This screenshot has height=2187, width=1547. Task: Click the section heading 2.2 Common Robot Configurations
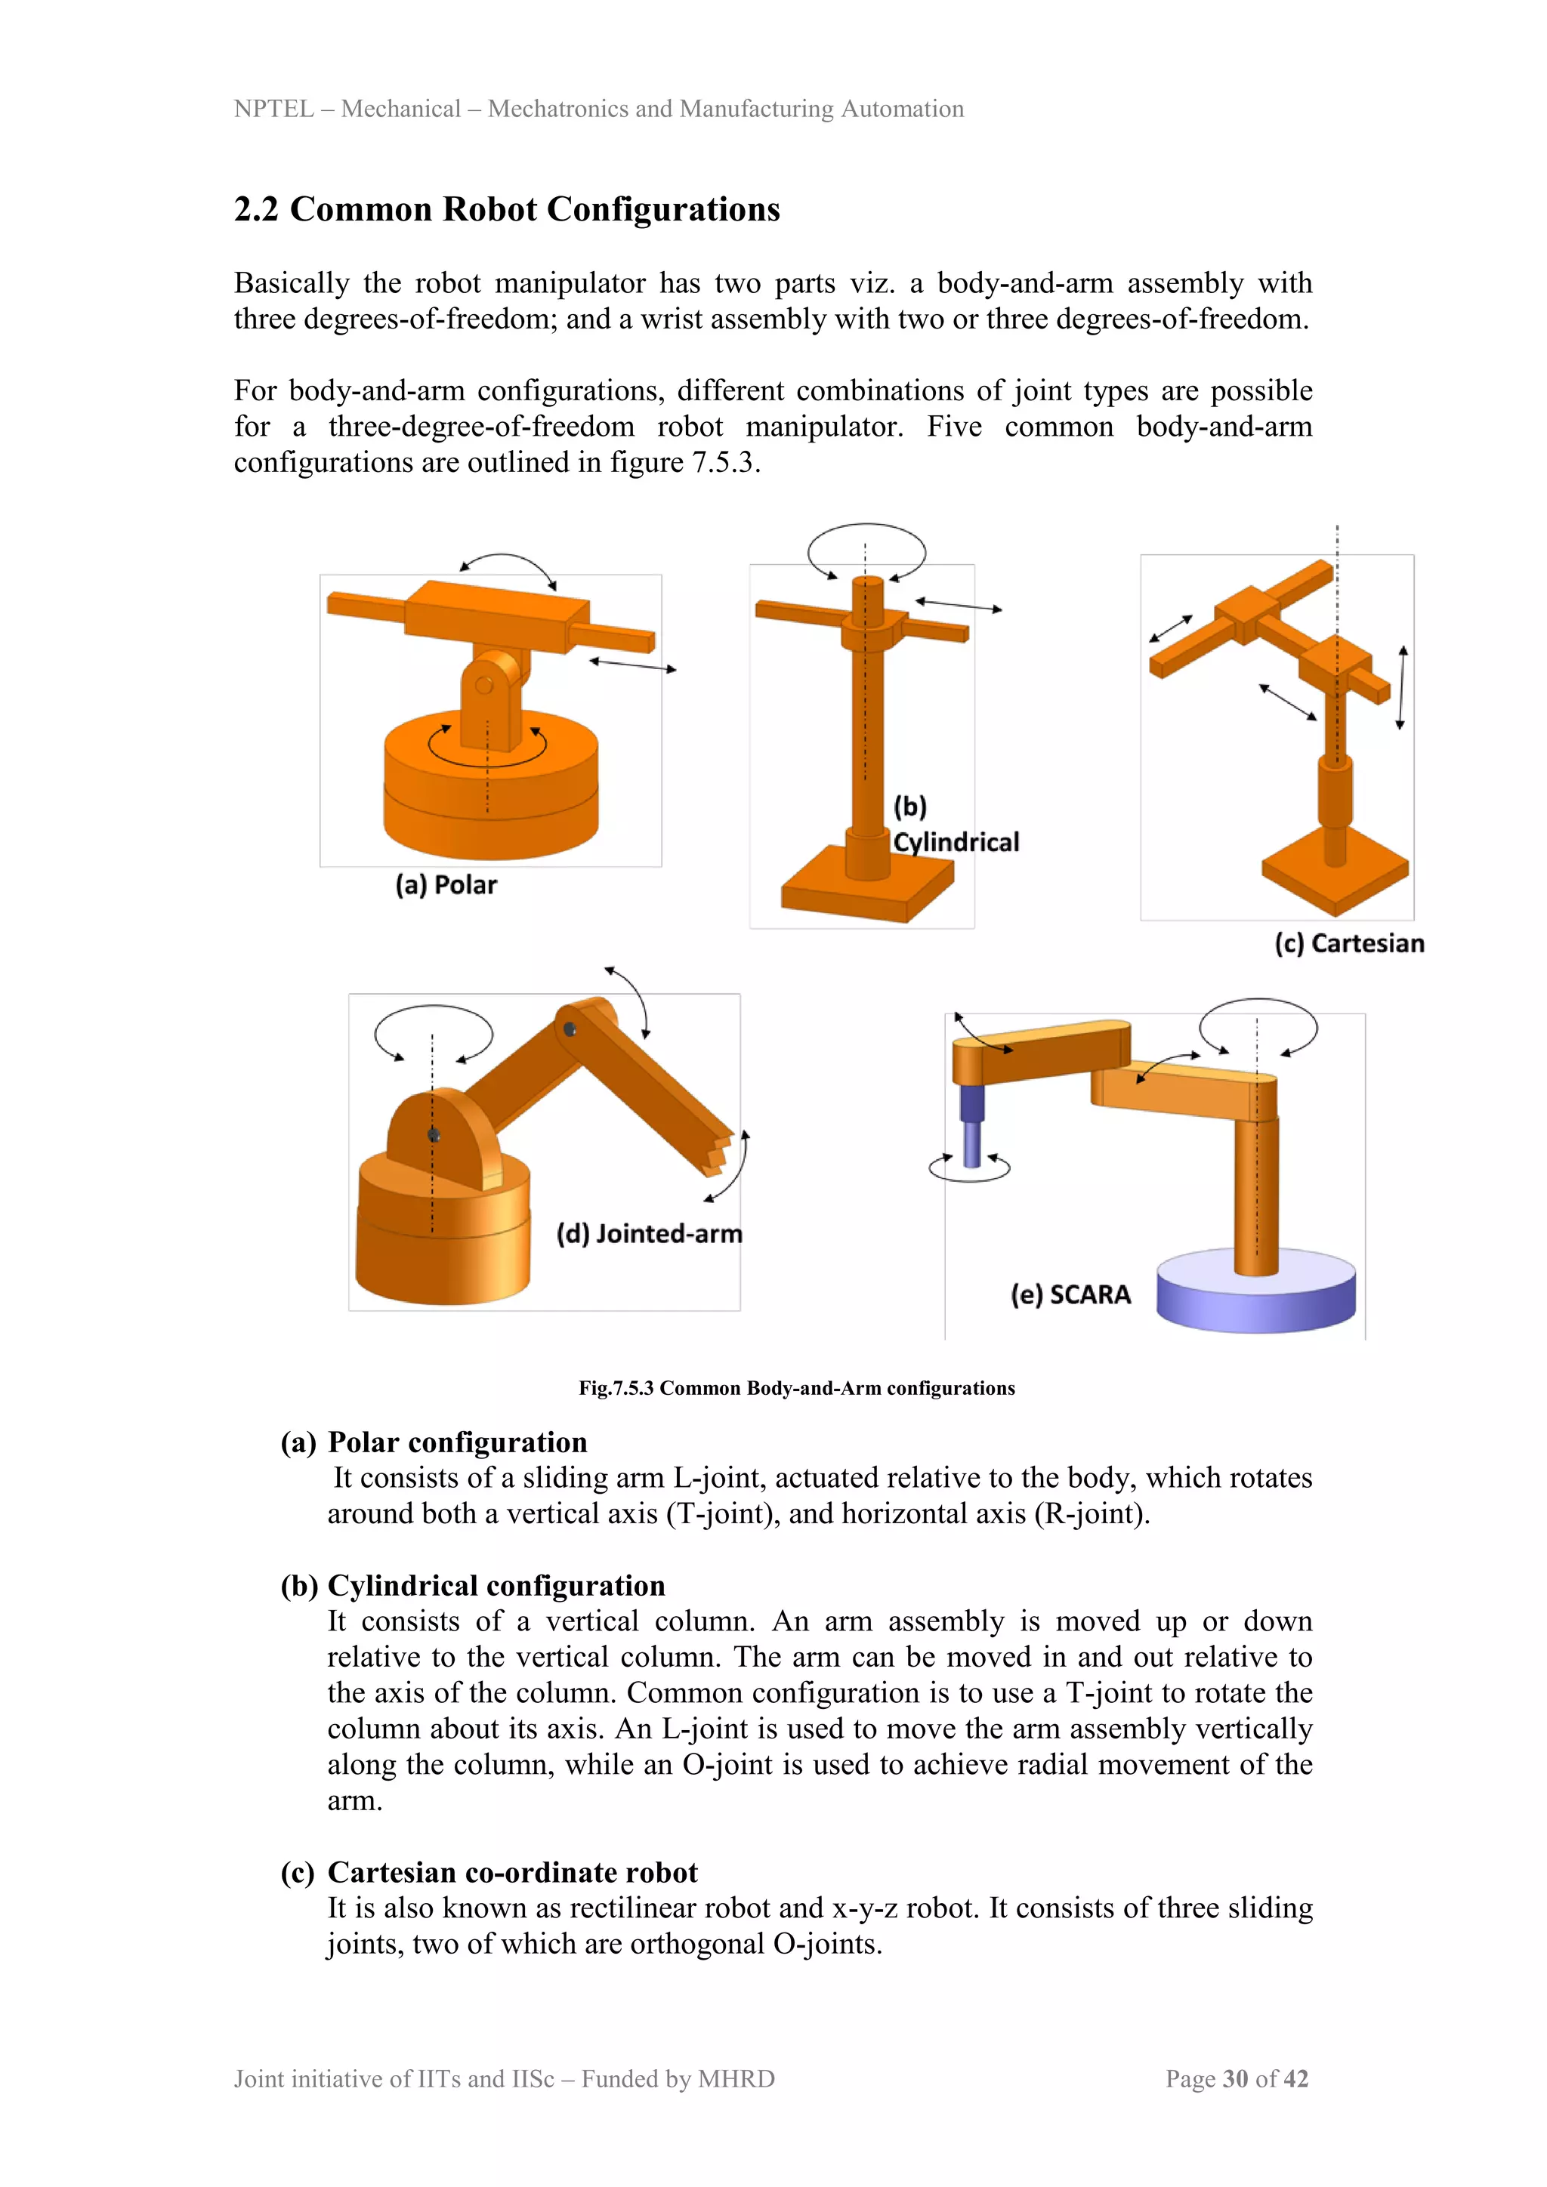coord(507,209)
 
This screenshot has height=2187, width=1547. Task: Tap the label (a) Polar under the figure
coord(446,885)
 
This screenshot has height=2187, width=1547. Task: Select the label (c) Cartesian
coord(1349,943)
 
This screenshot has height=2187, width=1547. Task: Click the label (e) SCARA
coord(1070,1294)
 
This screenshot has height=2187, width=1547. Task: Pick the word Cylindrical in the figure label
coord(956,842)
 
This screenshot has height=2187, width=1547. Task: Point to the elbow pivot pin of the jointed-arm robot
coord(570,1029)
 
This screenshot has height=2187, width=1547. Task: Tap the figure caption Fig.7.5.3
coord(796,1388)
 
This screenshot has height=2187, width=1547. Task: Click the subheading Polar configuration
coord(457,1442)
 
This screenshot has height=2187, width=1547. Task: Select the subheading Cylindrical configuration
coord(496,1585)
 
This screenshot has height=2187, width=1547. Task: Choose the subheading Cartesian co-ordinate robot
coord(512,1872)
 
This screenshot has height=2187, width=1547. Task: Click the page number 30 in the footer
coord(1236,2078)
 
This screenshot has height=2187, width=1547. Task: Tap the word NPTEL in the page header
coord(273,109)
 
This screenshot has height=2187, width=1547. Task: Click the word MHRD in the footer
coord(736,2078)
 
